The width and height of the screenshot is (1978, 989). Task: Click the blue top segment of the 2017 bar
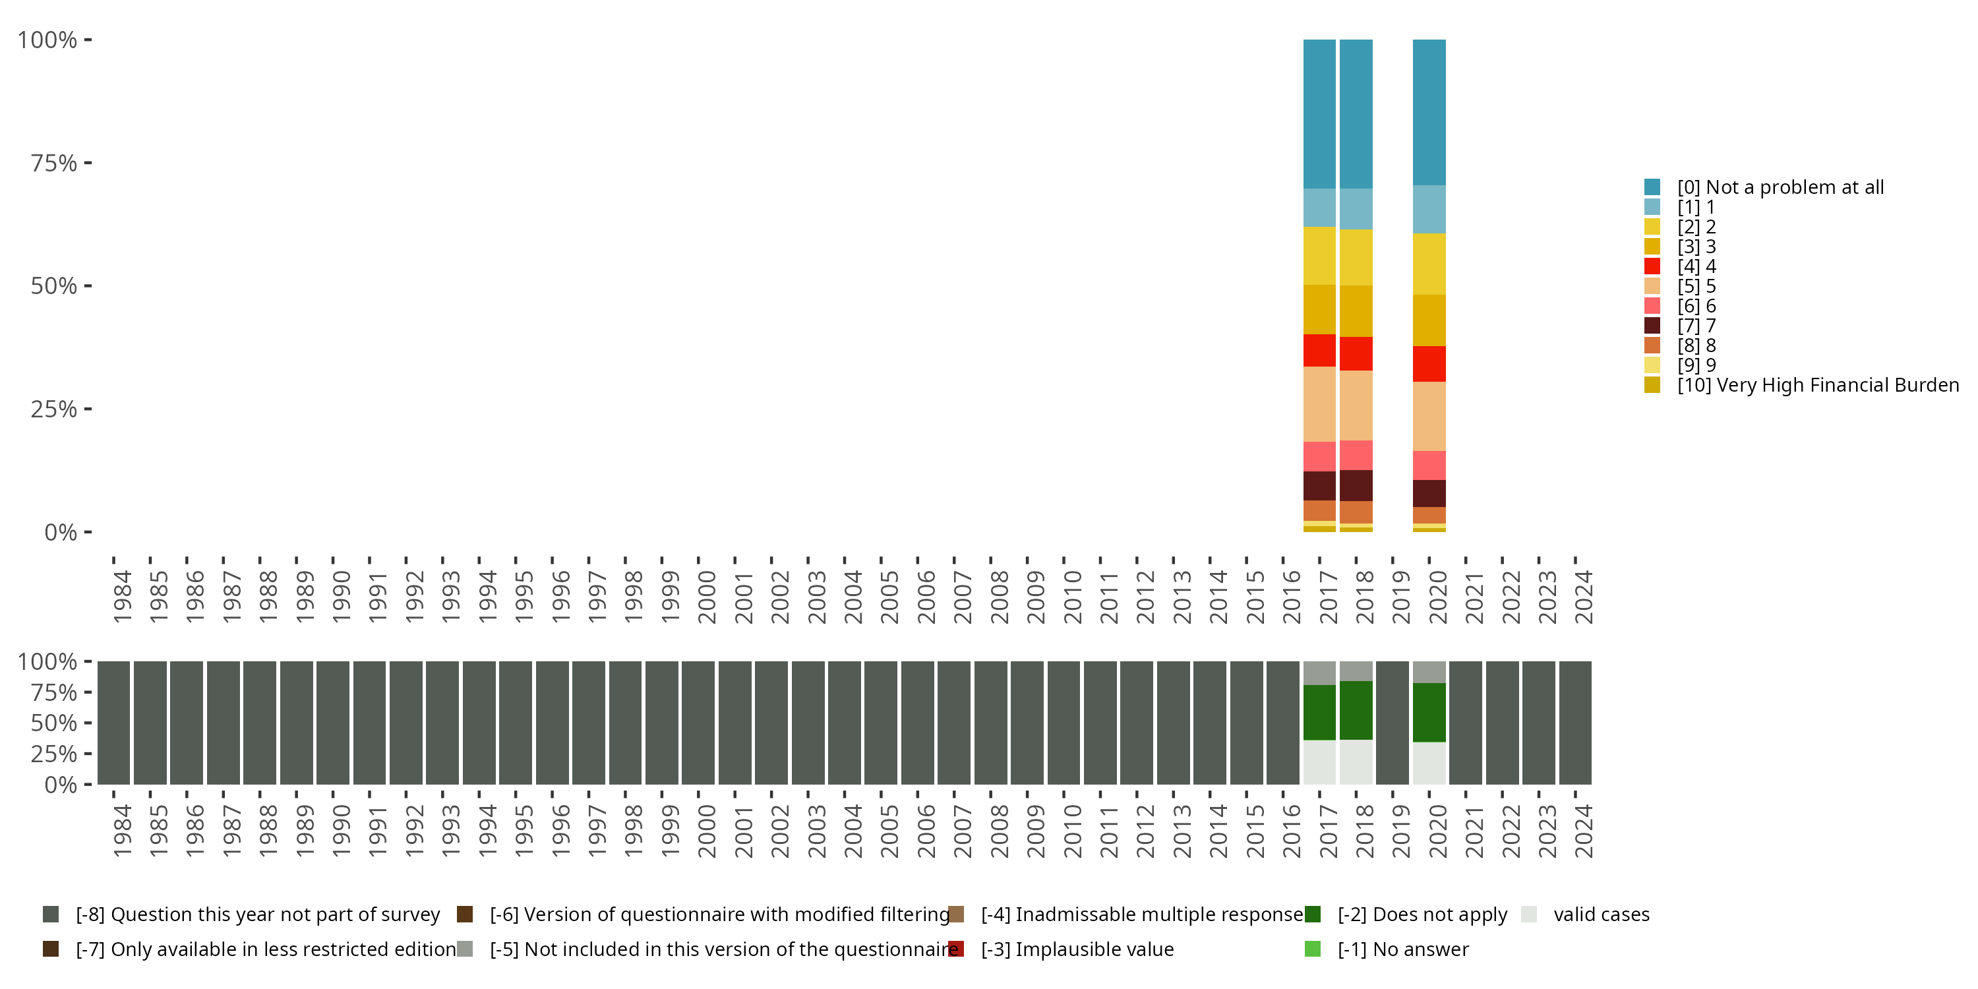click(x=1319, y=113)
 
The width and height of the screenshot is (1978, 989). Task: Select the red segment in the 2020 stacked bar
click(x=1429, y=364)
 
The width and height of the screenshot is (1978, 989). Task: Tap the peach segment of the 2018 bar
click(x=1356, y=405)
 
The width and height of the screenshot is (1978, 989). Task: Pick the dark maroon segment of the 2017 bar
click(x=1319, y=486)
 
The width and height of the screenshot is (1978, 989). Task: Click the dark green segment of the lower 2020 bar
click(x=1429, y=712)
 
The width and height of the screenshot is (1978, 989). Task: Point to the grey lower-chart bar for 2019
click(x=1392, y=723)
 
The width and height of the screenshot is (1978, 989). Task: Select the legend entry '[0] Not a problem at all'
click(x=1780, y=187)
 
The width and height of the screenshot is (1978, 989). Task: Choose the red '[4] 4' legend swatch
click(x=1652, y=266)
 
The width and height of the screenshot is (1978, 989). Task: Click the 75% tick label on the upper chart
click(x=54, y=163)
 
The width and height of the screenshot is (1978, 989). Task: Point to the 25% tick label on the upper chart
click(x=54, y=409)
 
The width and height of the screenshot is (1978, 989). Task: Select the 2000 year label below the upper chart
click(x=706, y=597)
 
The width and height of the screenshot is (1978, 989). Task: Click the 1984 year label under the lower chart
click(x=122, y=831)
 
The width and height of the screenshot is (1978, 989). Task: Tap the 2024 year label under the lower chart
click(x=1583, y=831)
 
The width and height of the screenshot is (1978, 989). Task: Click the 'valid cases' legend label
click(x=1601, y=914)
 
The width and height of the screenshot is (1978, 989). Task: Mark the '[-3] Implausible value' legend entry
click(x=1077, y=949)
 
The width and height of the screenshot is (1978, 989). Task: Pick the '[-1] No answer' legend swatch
click(x=1313, y=949)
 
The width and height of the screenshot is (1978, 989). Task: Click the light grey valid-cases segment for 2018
click(x=1356, y=762)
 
